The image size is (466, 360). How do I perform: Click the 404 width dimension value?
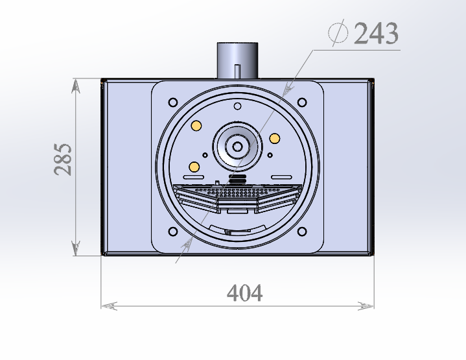tap(244, 293)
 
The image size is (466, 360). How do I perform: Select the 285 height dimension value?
tap(63, 160)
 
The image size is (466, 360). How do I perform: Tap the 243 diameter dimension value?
tap(377, 33)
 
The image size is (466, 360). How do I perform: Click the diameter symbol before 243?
tap(338, 32)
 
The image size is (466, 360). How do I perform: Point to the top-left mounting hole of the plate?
tap(173, 102)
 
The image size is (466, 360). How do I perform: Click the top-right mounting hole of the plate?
tap(302, 102)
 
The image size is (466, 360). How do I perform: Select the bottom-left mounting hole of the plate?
tap(173, 232)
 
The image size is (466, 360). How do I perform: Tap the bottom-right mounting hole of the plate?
tap(302, 232)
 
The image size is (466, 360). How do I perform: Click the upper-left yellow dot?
tap(196, 126)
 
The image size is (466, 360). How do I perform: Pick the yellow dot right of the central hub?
tap(274, 138)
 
